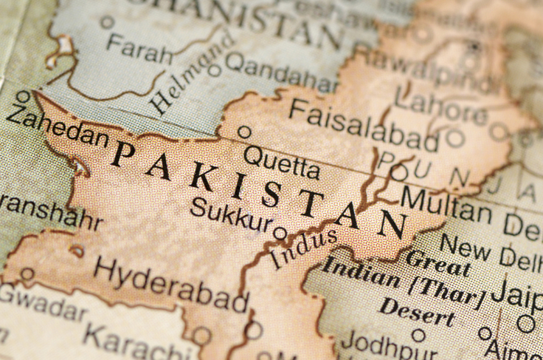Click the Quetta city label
point(281,161)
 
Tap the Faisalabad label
point(363,124)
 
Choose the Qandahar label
point(281,72)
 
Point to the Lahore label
point(440,105)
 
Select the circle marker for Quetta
point(244,132)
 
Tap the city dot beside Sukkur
point(280,232)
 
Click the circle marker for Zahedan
point(23,97)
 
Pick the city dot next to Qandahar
point(215,70)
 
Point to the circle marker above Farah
point(107,22)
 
